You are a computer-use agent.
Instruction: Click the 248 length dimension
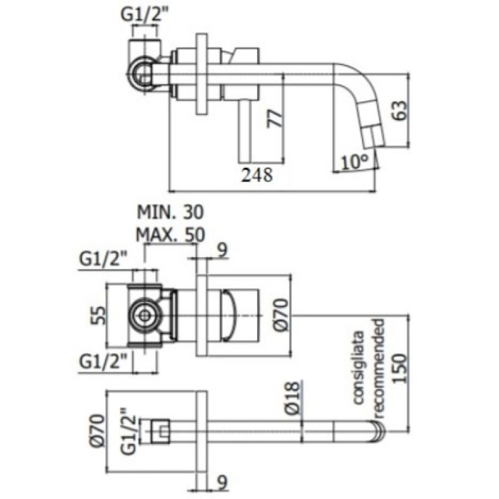255,175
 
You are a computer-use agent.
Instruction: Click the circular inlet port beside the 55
144,315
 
